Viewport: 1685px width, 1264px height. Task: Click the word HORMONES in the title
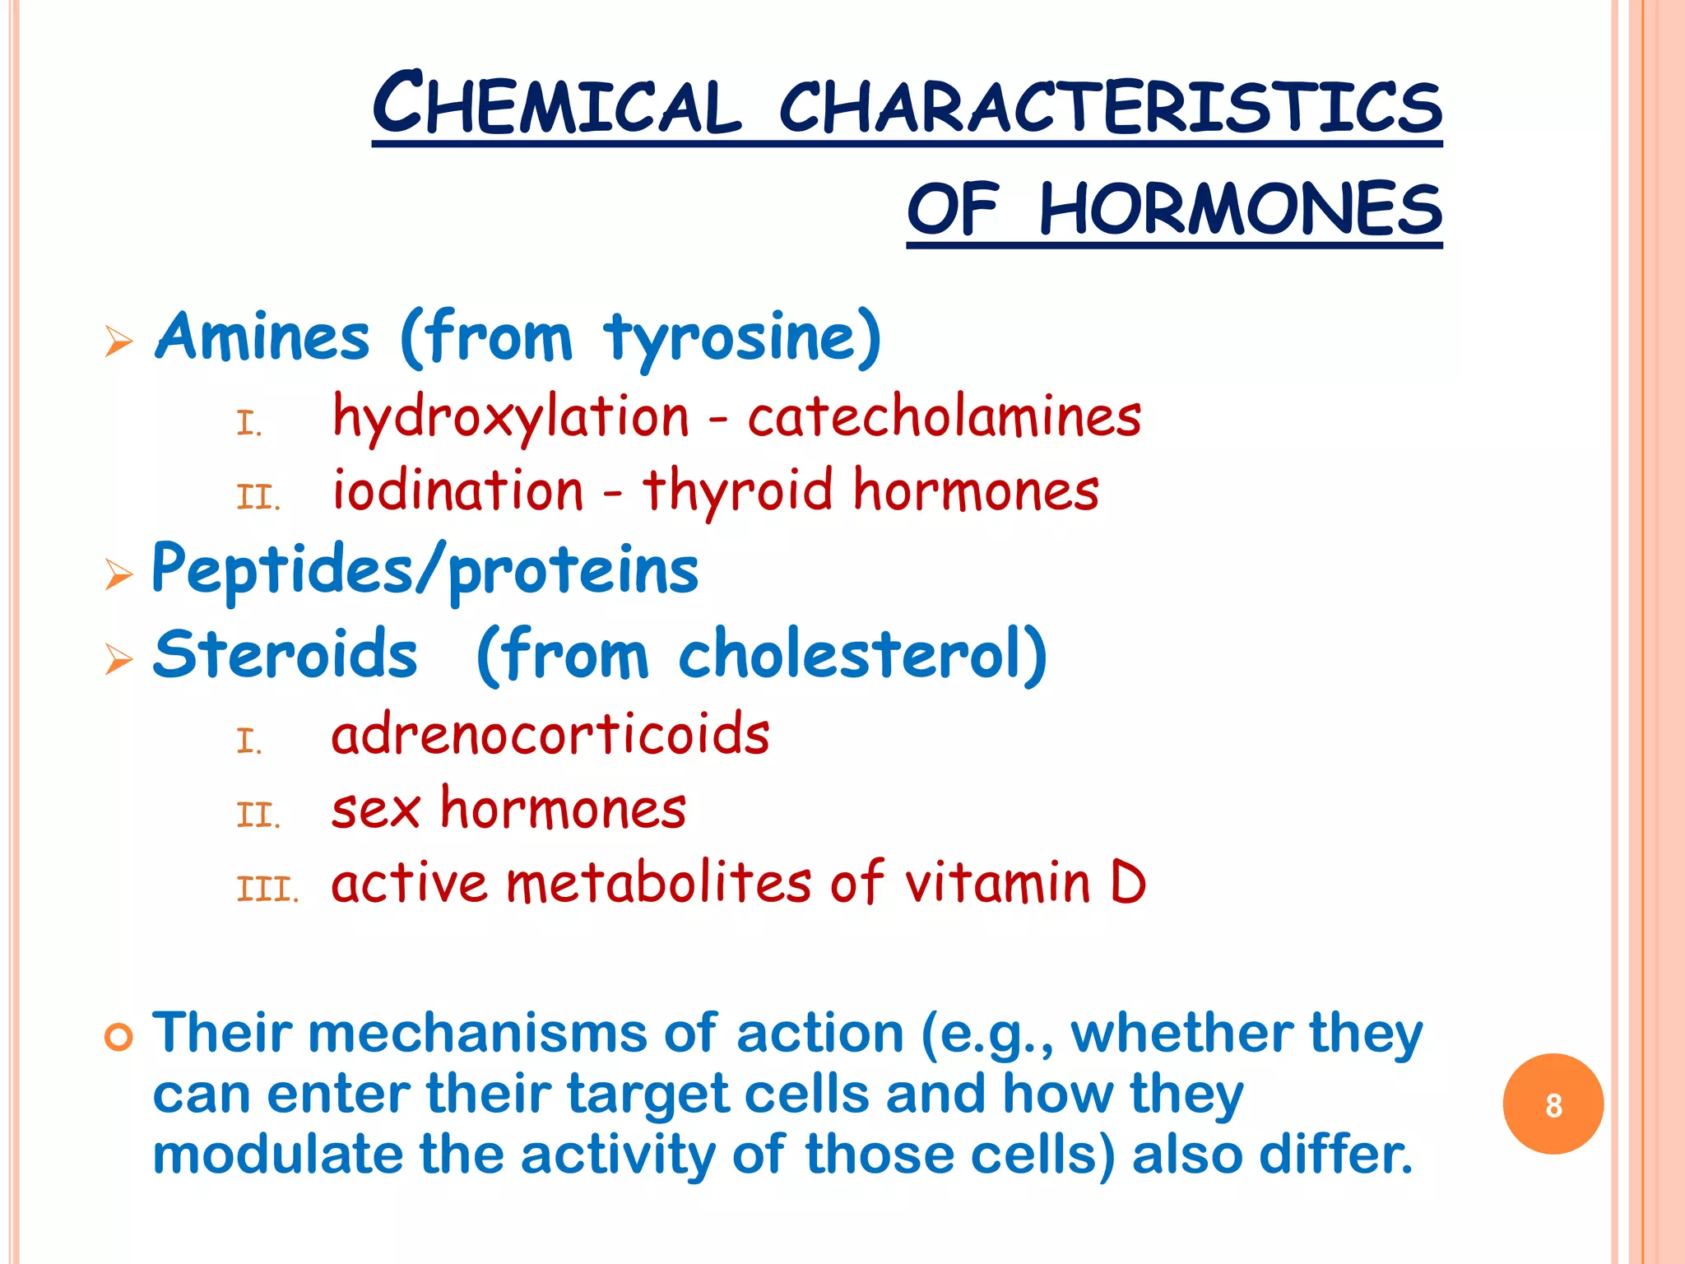pos(1241,209)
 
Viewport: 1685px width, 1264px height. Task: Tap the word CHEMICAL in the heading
pos(558,105)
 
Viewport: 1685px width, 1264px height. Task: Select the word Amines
pos(262,337)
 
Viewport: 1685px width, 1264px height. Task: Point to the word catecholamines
pos(944,416)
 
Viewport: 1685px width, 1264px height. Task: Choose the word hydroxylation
pos(510,417)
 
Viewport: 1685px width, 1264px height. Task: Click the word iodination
pos(457,490)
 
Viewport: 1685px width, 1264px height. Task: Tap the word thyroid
pos(738,490)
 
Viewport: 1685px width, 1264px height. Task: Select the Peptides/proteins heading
pos(425,570)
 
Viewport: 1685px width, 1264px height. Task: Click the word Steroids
pos(285,654)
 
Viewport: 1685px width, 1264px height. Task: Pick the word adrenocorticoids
pos(550,734)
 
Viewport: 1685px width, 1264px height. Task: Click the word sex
pos(376,809)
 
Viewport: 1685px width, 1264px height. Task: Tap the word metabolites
pos(659,883)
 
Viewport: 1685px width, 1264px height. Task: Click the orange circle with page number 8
pos(1553,1104)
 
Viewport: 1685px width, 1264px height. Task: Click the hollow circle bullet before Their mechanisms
pos(118,1038)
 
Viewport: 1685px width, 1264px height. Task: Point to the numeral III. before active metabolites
pos(267,890)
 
